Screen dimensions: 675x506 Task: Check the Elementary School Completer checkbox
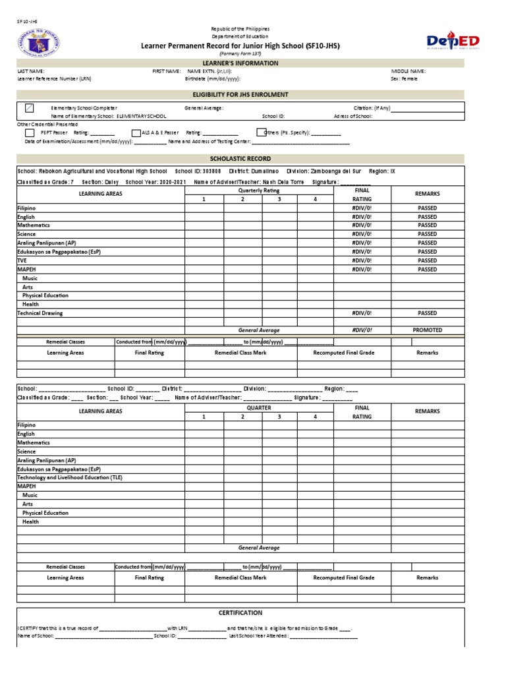pos(30,107)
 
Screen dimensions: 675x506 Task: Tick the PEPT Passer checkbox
pos(30,132)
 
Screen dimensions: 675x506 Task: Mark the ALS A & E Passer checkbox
pos(136,132)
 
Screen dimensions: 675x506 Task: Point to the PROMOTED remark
pos(427,330)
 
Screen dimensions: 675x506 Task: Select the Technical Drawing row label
pos(40,313)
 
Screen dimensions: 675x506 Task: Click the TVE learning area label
pos(22,260)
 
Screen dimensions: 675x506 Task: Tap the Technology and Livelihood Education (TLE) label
pos(70,477)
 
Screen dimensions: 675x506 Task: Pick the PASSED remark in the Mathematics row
pos(427,225)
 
